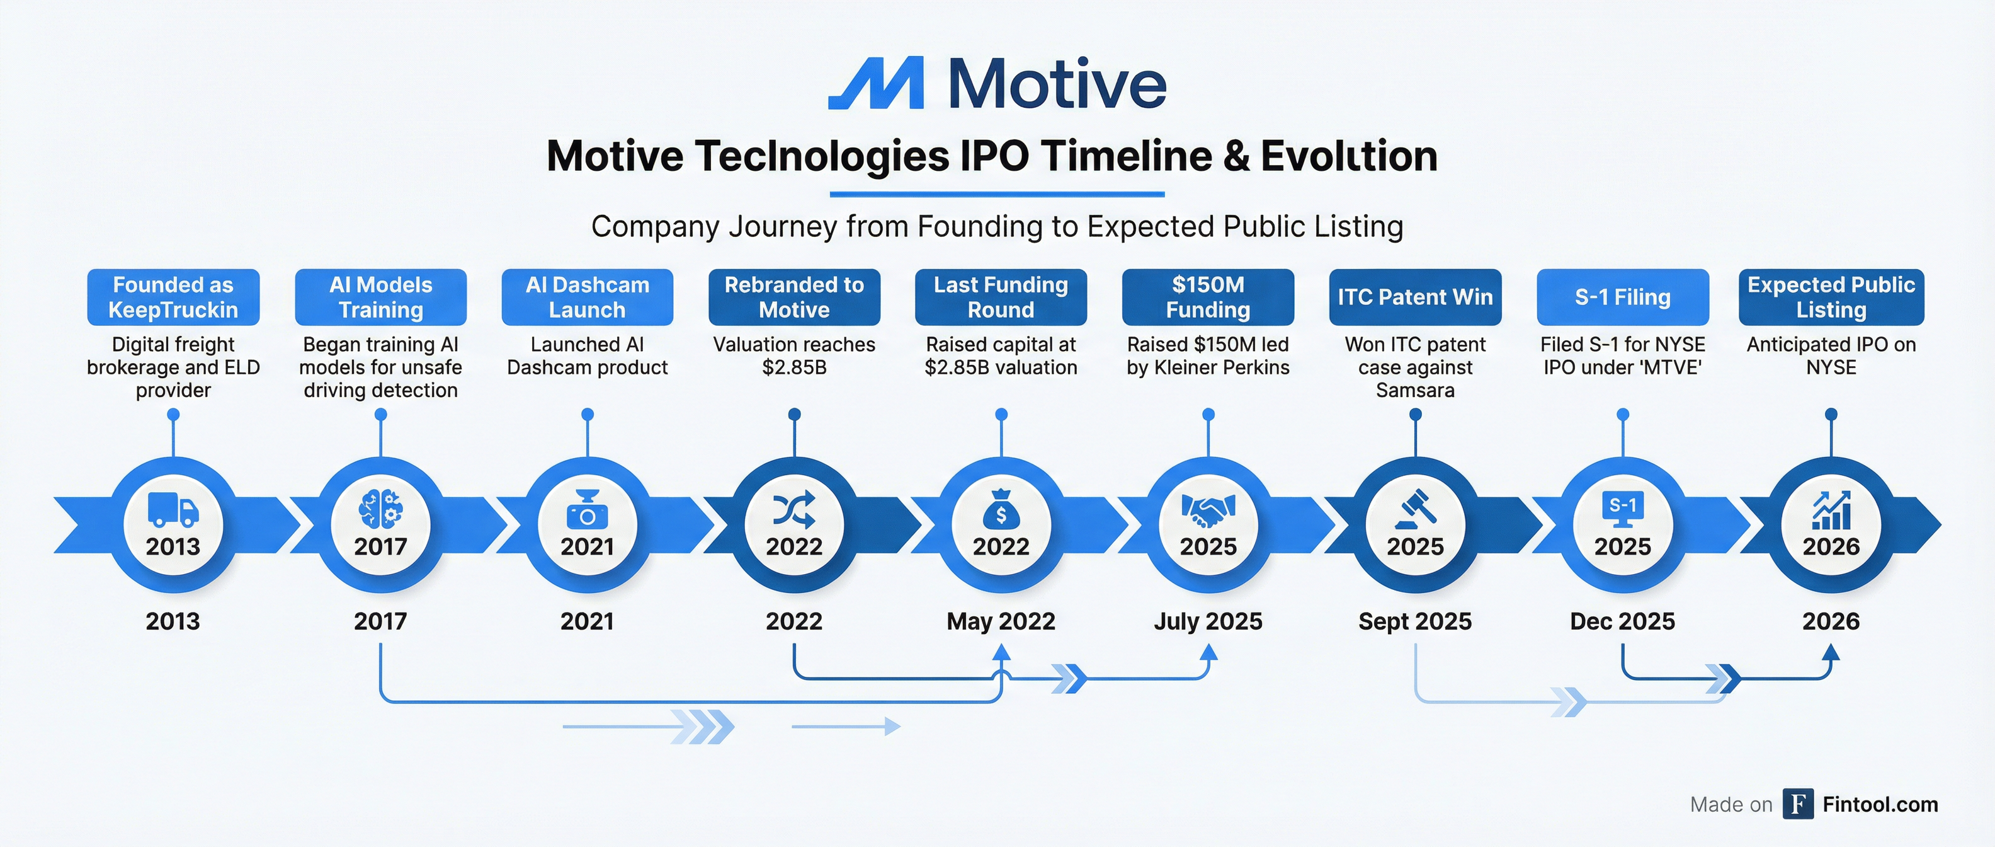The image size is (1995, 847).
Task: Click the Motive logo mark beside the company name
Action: coord(877,83)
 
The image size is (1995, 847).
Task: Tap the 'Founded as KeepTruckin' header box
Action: coord(173,297)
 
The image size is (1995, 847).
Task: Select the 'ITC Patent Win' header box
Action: coord(1415,297)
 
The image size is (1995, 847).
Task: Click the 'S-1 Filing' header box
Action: coord(1622,297)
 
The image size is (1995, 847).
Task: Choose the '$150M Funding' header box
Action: coord(1208,297)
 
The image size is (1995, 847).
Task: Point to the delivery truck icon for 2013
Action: coord(173,510)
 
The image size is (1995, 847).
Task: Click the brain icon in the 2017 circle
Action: coord(380,510)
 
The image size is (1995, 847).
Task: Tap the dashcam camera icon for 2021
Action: coord(588,510)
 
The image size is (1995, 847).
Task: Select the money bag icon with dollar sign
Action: coord(1001,509)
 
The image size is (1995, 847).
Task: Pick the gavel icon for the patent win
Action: coord(1415,510)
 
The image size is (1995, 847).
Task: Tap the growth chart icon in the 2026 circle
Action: coord(1831,510)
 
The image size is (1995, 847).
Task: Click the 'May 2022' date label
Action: coord(1001,621)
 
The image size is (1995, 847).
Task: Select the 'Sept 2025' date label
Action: coord(1415,621)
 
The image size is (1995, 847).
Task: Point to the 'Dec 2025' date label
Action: coord(1622,621)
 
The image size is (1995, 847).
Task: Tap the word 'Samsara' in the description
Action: coord(1415,390)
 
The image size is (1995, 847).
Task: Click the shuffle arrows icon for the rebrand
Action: coord(794,510)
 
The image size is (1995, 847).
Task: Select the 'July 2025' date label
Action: coord(1208,621)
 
